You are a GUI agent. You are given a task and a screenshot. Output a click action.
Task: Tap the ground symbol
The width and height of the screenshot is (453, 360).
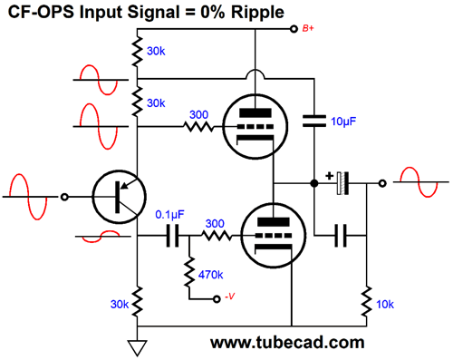(x=136, y=345)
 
